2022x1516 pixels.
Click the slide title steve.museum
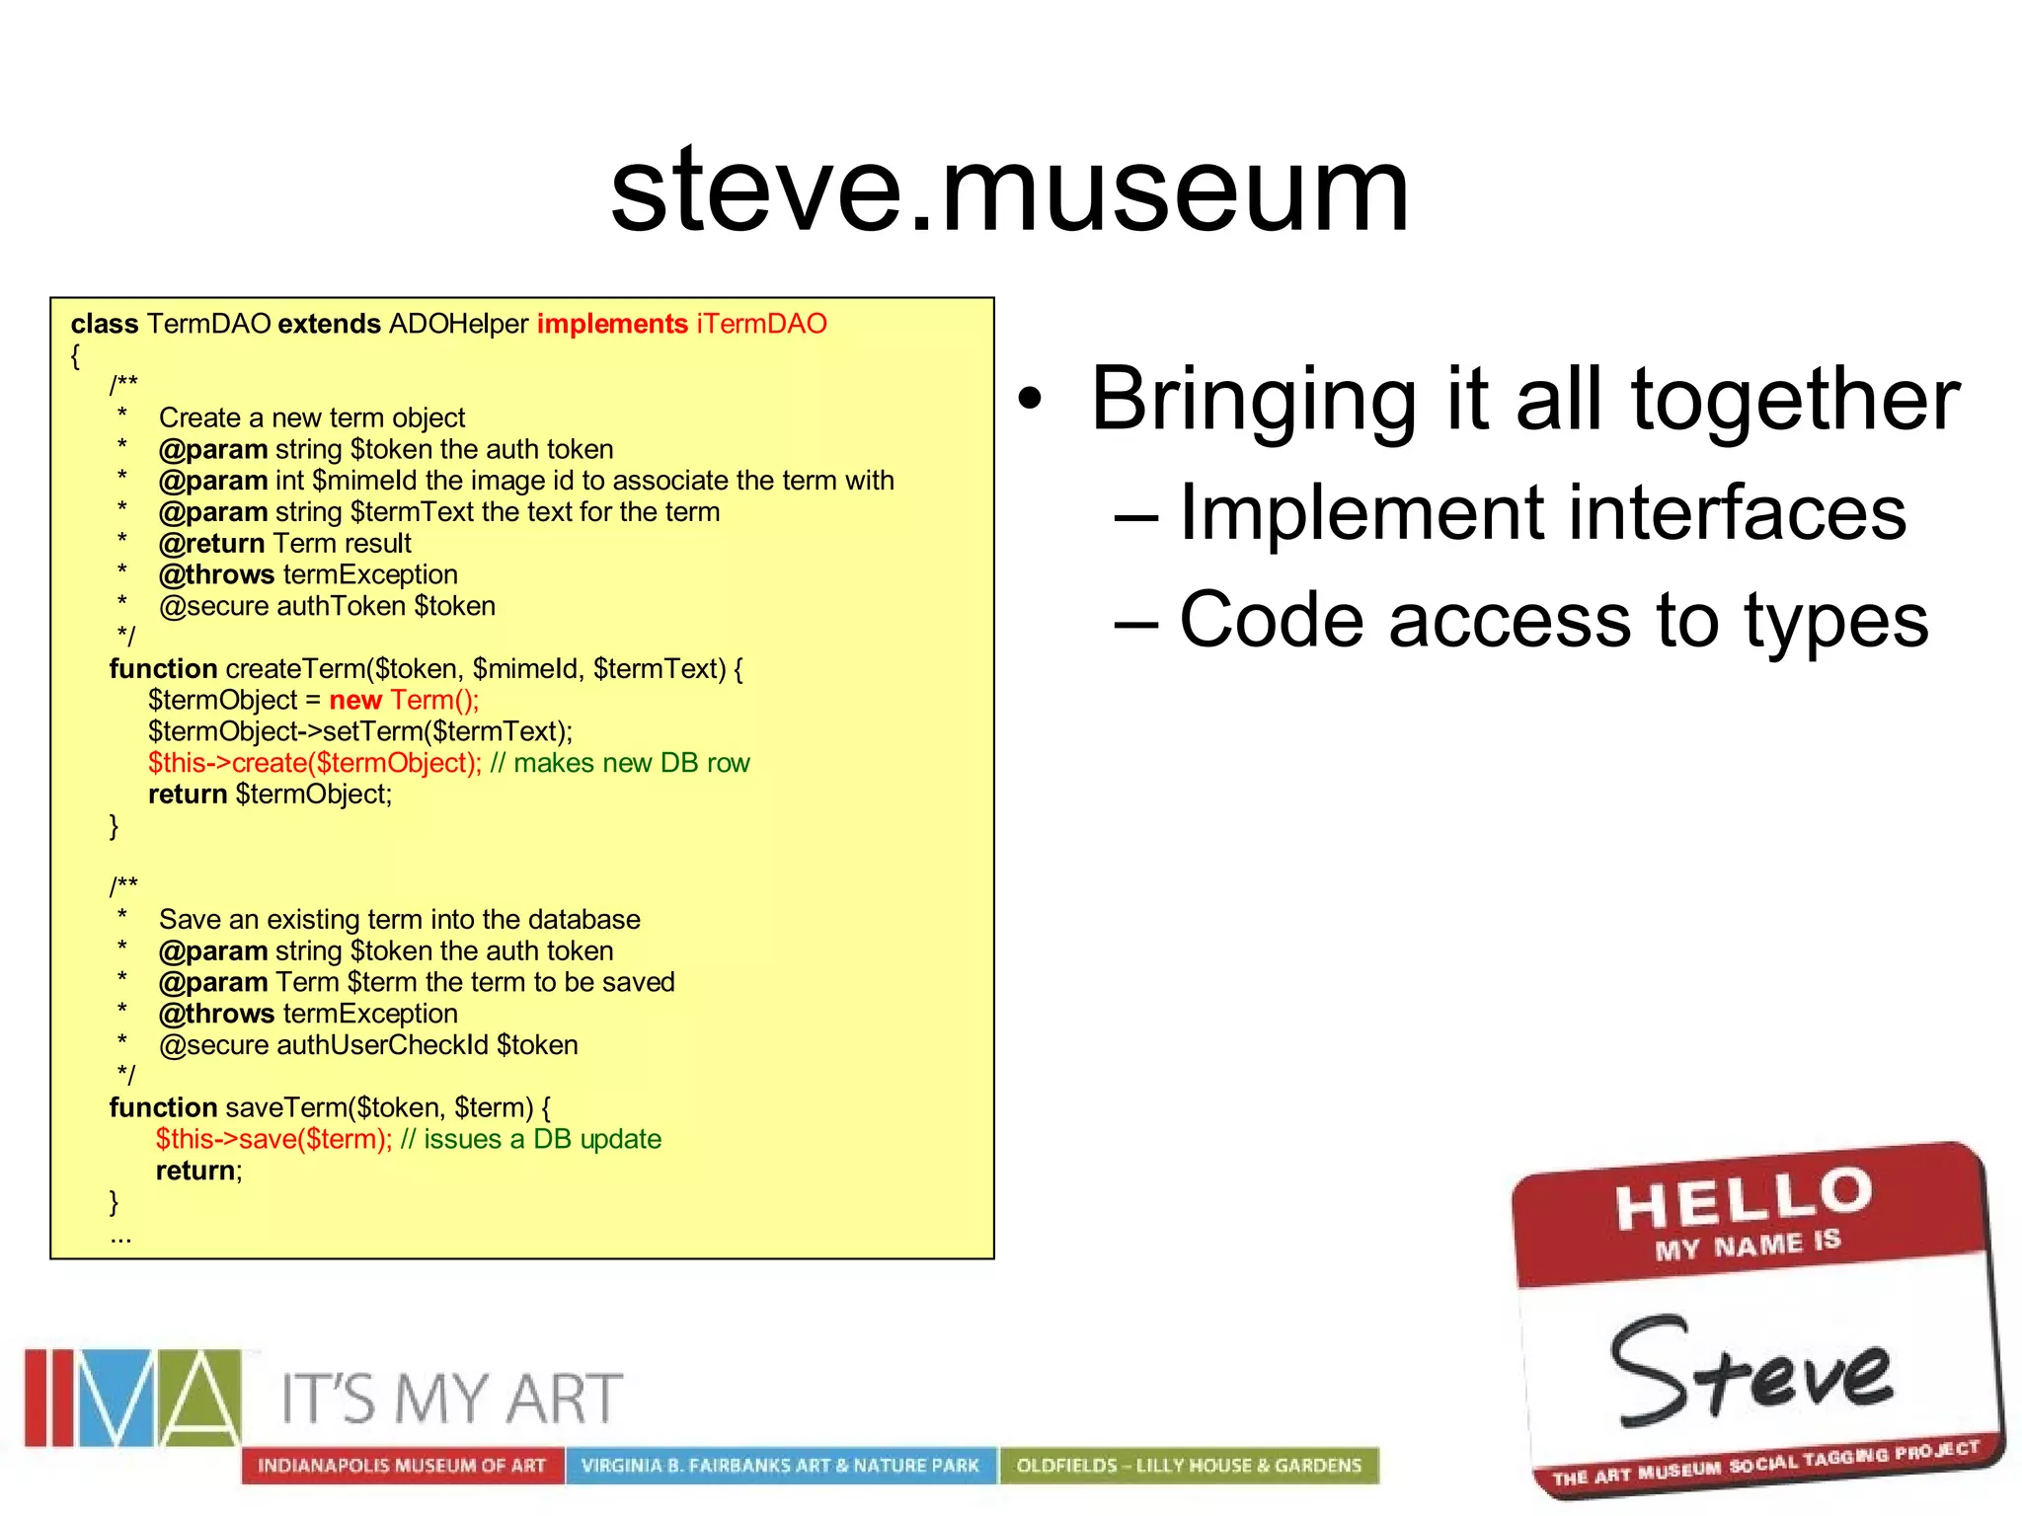click(x=1010, y=189)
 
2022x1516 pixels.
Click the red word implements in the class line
click(x=611, y=324)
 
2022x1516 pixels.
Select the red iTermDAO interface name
click(x=761, y=324)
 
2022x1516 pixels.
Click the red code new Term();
click(x=404, y=701)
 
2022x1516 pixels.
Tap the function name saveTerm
click(x=286, y=1107)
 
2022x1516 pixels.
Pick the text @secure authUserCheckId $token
click(x=368, y=1045)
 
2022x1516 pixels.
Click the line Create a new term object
click(x=311, y=418)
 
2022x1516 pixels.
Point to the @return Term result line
click(x=284, y=544)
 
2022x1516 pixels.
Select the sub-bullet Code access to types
click(x=1552, y=620)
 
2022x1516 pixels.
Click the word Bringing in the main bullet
click(x=1254, y=400)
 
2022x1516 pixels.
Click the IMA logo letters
click(x=133, y=1398)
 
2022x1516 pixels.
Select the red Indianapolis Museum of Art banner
click(x=402, y=1466)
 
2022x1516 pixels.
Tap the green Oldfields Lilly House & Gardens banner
click(x=1189, y=1466)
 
